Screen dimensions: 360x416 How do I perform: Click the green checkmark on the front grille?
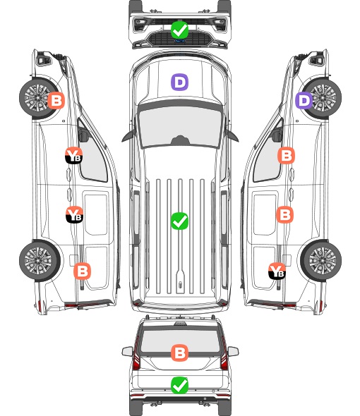179,30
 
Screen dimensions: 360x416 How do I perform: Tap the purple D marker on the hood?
179,82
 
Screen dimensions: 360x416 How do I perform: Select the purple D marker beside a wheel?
304,101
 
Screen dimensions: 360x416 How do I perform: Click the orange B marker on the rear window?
179,353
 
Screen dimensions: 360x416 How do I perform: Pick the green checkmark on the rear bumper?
179,386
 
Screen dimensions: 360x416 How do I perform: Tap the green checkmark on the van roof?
179,221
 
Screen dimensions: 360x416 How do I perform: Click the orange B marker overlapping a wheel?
56,101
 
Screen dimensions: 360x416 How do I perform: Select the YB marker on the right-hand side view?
277,271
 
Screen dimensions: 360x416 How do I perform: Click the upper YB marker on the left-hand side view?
74,155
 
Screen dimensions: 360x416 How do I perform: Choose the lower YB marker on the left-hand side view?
74,214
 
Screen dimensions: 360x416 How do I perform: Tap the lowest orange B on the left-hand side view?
82,271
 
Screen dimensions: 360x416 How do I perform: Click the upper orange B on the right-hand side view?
286,156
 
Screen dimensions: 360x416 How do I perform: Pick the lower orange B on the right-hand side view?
284,214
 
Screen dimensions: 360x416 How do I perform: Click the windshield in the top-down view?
180,126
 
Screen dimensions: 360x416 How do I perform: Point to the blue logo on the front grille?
179,41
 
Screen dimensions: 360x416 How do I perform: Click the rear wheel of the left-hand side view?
40,261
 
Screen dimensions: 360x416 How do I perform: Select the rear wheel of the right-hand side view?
321,261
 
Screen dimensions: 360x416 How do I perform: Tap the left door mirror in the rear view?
127,351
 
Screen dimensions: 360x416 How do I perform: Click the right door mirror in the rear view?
233,351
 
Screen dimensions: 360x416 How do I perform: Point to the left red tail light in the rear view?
136,355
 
